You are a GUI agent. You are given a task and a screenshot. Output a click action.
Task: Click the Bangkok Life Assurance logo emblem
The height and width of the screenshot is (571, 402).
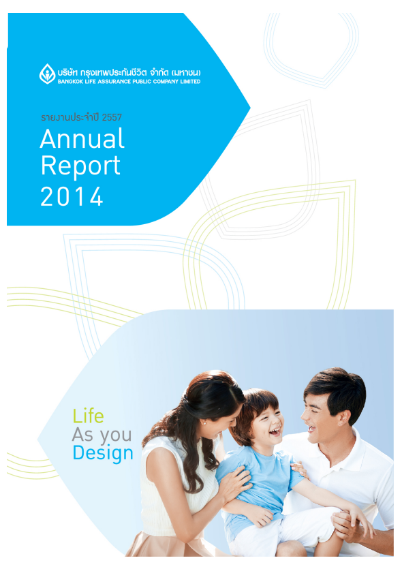click(47, 74)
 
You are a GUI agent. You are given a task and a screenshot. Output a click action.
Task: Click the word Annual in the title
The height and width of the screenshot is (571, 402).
click(82, 139)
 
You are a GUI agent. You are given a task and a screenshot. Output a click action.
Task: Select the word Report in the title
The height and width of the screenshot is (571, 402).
click(80, 166)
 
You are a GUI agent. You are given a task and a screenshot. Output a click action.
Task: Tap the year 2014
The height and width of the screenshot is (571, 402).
click(72, 197)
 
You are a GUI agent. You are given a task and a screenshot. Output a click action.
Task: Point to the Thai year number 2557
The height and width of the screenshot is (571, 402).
click(112, 117)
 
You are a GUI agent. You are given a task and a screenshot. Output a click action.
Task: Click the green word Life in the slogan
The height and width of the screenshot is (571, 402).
click(88, 416)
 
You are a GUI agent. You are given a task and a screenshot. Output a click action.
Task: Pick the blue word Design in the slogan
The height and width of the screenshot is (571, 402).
click(103, 453)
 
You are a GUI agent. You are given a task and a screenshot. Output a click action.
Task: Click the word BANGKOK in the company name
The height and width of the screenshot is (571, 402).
click(71, 82)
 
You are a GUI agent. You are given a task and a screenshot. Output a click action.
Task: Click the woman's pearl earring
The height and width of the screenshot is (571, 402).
click(204, 422)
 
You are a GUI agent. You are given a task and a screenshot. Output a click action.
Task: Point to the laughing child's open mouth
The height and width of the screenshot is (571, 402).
click(275, 431)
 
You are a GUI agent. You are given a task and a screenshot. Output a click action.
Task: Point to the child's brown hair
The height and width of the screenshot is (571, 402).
click(255, 408)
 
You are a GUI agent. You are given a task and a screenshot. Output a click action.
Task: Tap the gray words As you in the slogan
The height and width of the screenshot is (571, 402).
click(102, 435)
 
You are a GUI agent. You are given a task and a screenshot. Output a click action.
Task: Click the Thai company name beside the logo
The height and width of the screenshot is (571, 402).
click(129, 72)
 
